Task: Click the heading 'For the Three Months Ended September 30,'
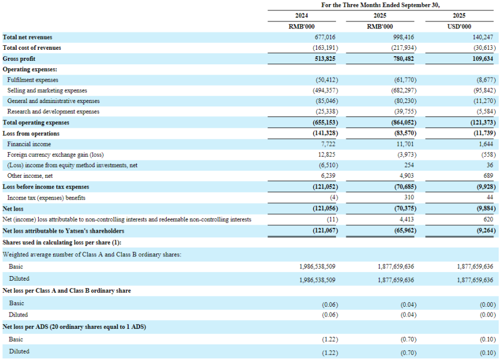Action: [381, 5]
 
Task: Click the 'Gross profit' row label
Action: [19, 58]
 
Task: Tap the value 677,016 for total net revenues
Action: [323, 37]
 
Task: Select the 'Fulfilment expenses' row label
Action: [32, 80]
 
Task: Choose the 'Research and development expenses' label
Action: [53, 112]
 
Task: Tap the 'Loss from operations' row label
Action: [31, 133]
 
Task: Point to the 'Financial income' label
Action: [29, 144]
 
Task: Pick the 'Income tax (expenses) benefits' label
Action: [46, 198]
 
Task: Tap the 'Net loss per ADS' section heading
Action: [74, 327]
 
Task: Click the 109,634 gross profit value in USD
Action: [482, 58]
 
